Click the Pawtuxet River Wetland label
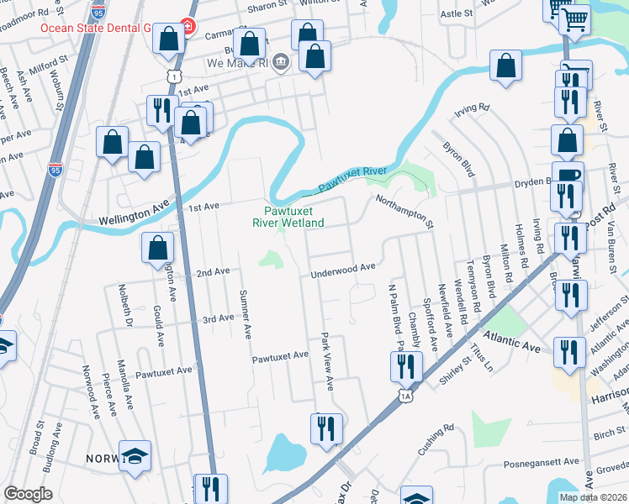pyautogui.click(x=288, y=217)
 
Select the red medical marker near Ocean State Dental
pyautogui.click(x=187, y=27)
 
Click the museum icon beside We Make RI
pyautogui.click(x=281, y=62)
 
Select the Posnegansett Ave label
pyautogui.click(x=542, y=462)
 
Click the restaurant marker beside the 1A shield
pyautogui.click(x=405, y=365)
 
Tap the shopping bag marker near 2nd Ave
pyautogui.click(x=157, y=248)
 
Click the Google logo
pyautogui.click(x=28, y=494)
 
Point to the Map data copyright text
pyautogui.click(x=592, y=497)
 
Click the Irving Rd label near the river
pyautogui.click(x=473, y=108)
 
